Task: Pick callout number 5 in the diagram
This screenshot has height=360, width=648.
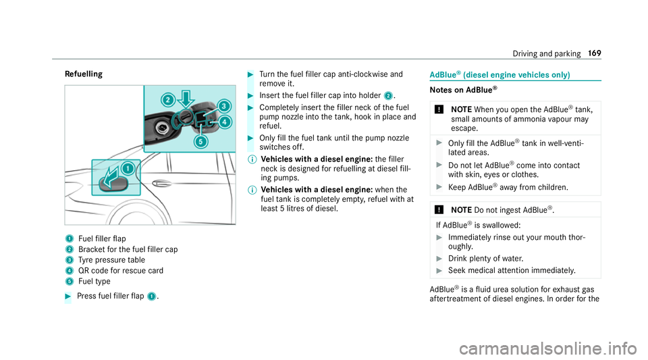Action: [x=200, y=143]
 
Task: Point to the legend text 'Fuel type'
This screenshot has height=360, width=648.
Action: [x=95, y=281]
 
